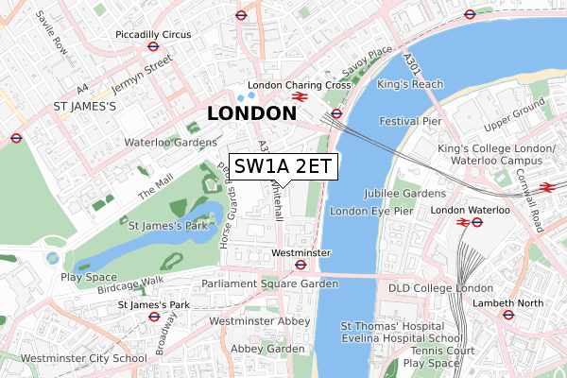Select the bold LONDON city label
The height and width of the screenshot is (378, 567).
[250, 113]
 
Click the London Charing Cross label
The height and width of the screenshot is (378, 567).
[299, 85]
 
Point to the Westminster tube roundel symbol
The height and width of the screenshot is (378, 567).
[299, 266]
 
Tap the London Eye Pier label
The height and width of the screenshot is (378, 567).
[371, 211]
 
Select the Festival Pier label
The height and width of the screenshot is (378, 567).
[410, 122]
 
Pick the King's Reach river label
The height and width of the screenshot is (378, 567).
[410, 84]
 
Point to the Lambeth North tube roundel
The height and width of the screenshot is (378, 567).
[507, 315]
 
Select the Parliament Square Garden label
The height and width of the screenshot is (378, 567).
[269, 283]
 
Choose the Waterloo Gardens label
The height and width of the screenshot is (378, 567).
[170, 143]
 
